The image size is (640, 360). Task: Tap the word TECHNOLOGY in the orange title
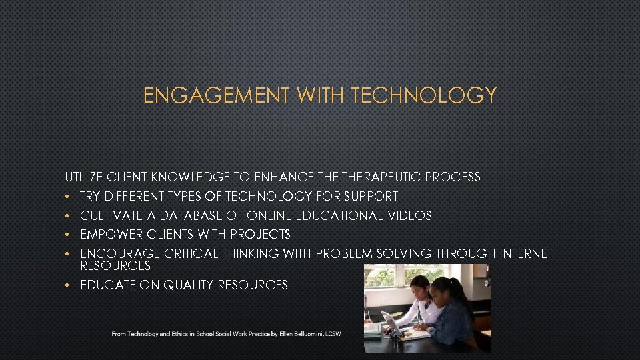423,95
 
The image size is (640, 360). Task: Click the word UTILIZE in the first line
83,177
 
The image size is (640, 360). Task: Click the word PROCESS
453,177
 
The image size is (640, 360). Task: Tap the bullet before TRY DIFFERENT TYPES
68,197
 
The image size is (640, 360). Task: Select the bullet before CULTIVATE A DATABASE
68,216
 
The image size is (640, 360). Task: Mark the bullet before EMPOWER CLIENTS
68,235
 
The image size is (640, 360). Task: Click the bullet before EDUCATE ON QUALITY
68,285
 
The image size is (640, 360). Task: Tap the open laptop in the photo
394,324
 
